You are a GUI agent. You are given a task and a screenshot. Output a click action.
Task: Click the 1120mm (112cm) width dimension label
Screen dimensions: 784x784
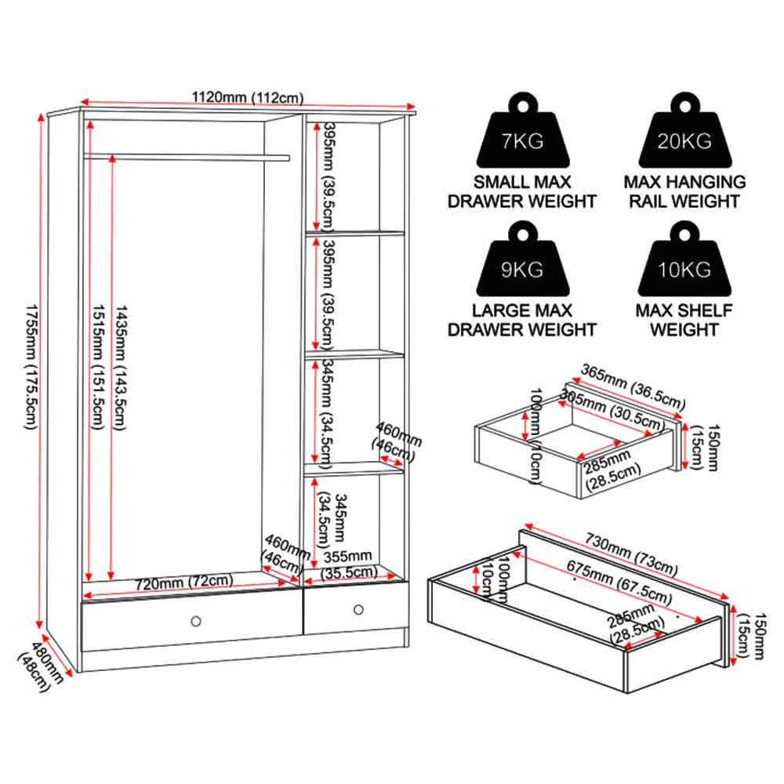[248, 97]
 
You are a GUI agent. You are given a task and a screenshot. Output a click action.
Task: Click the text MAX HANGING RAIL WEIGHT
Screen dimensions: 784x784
[684, 191]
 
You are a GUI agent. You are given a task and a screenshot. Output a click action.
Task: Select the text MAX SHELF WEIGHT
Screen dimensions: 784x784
[684, 320]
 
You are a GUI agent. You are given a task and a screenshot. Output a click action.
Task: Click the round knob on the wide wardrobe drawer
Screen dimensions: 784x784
[196, 621]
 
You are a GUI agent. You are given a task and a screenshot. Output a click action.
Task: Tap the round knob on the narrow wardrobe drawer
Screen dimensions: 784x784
[358, 609]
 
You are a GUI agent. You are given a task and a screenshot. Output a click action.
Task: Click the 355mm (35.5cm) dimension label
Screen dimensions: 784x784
[349, 564]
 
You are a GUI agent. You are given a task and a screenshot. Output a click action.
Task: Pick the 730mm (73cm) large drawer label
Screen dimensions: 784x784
[631, 554]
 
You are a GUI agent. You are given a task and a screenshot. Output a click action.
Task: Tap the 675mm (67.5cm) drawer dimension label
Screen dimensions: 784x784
[619, 582]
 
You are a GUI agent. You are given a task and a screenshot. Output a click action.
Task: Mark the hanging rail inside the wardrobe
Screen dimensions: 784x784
[187, 158]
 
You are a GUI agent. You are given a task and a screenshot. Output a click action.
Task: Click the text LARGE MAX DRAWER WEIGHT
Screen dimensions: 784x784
[522, 320]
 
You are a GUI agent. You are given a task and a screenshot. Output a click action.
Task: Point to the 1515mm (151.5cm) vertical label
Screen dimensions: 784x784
[98, 367]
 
